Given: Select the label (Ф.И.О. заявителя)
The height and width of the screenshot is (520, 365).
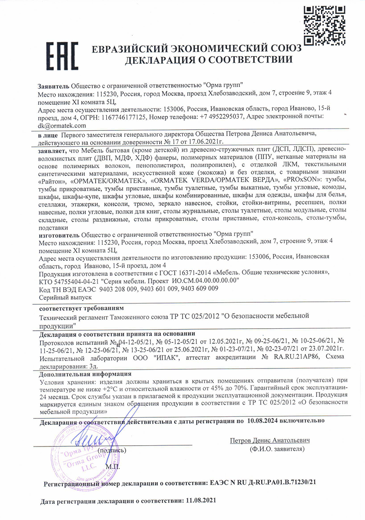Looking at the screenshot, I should tap(277, 449).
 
